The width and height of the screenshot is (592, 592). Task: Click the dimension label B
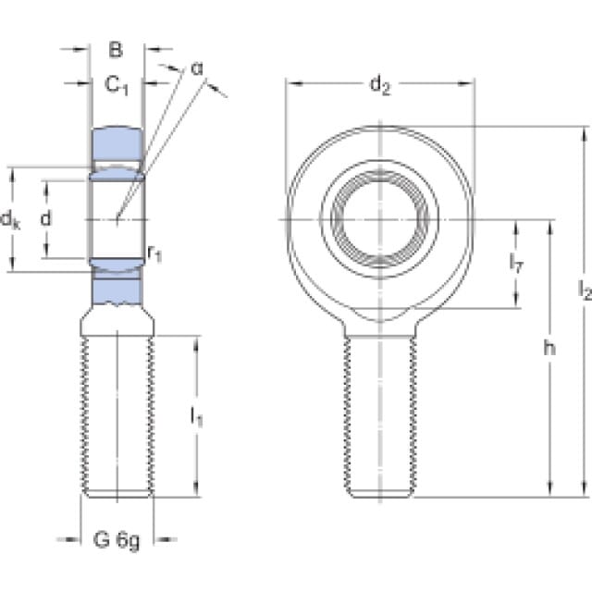click(x=116, y=51)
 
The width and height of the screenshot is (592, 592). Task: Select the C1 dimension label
click(x=116, y=86)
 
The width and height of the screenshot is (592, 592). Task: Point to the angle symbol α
click(x=196, y=68)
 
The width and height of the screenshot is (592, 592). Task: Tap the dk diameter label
click(x=10, y=219)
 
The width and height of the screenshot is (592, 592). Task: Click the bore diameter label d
click(x=45, y=219)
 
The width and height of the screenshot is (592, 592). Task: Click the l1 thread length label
click(x=196, y=418)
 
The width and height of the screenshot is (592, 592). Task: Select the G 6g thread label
click(x=117, y=538)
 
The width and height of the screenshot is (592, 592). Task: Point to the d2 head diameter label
click(x=380, y=86)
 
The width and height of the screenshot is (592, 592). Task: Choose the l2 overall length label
click(x=583, y=293)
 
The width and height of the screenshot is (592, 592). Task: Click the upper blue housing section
click(x=117, y=143)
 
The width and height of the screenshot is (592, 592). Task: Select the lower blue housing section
click(x=117, y=290)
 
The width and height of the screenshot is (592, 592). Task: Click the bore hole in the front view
click(x=380, y=219)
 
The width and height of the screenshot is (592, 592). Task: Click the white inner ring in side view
click(x=117, y=219)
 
